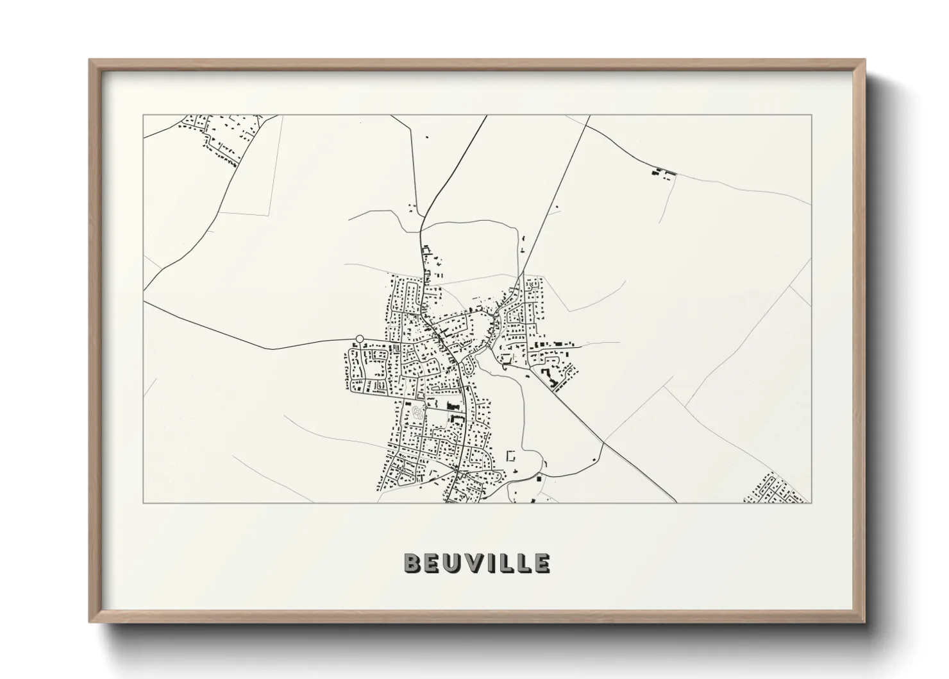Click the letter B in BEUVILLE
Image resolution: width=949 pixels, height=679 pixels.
click(x=412, y=563)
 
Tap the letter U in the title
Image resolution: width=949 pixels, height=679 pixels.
click(x=451, y=563)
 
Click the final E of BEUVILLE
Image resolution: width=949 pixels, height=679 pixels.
click(x=542, y=563)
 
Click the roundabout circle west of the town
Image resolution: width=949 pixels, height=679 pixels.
click(x=360, y=338)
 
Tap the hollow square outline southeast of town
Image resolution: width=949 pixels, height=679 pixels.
click(x=512, y=456)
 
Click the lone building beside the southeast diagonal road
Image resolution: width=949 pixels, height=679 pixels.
click(x=596, y=460)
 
